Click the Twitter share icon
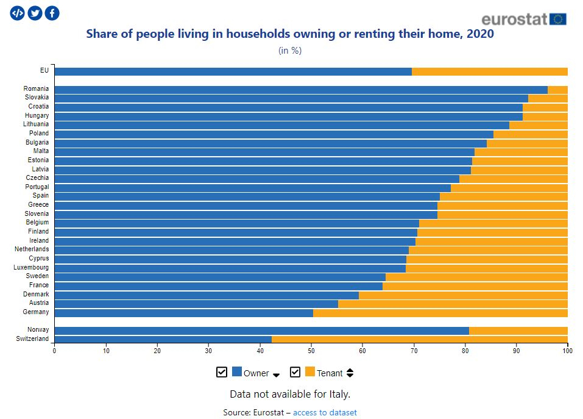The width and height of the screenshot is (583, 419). click(35, 13)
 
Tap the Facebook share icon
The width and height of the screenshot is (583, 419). click(52, 13)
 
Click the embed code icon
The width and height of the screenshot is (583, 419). click(18, 13)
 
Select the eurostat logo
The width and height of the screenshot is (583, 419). click(523, 19)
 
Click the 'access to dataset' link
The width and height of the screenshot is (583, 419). click(325, 413)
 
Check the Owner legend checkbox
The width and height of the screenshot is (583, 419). click(222, 372)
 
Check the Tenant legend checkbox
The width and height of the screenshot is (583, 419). click(295, 372)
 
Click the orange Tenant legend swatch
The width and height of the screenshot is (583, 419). click(310, 372)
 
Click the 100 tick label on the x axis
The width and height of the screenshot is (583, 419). click(567, 350)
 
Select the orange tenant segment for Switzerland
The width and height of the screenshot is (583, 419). click(419, 339)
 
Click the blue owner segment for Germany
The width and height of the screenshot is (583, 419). click(183, 313)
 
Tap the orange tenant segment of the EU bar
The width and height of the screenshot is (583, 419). click(489, 71)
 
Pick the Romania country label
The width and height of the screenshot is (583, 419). click(37, 89)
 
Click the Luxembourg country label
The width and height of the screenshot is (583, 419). click(33, 268)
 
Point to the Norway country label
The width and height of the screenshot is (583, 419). click(38, 330)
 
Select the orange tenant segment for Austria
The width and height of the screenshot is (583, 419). click(452, 304)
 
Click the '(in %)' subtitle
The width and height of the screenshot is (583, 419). click(290, 51)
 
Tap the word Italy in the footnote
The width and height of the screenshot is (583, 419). click(339, 394)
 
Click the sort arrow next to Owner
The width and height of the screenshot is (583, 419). click(276, 374)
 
